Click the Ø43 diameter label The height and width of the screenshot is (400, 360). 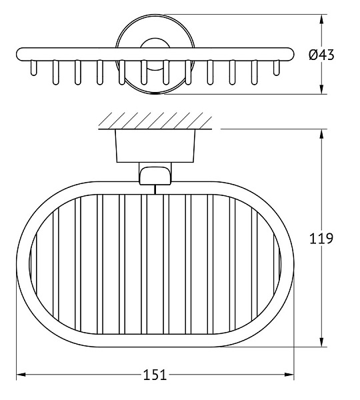321,55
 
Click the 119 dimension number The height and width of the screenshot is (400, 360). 321,239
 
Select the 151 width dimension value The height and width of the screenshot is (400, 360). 155,375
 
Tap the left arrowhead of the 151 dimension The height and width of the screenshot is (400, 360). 21,375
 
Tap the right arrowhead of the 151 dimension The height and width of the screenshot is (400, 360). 289,375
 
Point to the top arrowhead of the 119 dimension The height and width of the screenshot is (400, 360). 322,134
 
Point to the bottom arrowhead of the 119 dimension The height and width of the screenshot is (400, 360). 322,342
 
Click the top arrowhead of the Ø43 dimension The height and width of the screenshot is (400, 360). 322,19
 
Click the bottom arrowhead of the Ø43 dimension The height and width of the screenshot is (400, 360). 322,89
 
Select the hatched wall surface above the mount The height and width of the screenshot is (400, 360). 155,121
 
